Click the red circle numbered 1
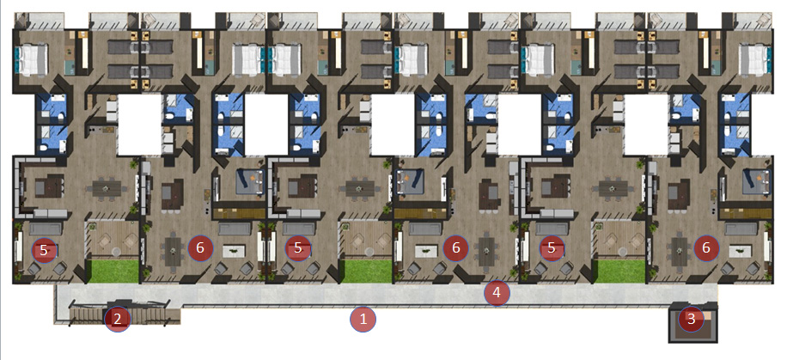363,319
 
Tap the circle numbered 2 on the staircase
117,319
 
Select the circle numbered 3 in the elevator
691,319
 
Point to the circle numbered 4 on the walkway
497,293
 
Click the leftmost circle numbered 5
44,250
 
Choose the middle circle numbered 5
298,248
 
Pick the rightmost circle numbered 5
552,248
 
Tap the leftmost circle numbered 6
200,248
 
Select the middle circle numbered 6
455,248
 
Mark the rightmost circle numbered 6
706,248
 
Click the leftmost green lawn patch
113,272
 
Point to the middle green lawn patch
367,272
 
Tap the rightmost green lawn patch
620,272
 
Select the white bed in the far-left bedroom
32,60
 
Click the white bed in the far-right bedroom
753,60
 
